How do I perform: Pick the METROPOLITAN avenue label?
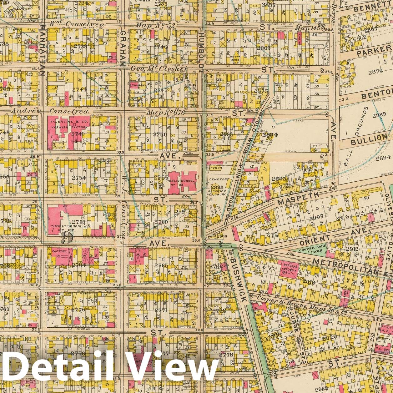345,267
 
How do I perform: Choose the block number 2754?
78,178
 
